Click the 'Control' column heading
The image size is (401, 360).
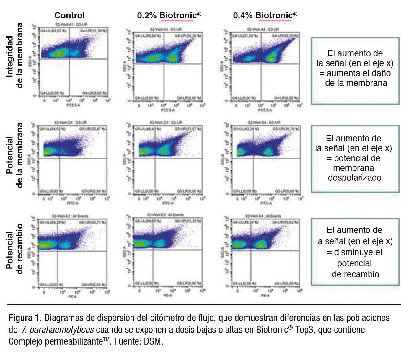[x=69, y=15]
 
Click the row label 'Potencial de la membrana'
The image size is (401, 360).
[x=14, y=155]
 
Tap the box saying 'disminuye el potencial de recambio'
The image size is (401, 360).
[x=355, y=252]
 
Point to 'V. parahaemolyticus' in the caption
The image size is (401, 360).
[x=57, y=330]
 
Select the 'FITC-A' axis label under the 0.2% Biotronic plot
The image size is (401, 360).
[x=168, y=203]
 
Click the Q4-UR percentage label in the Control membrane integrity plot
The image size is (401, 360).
[x=94, y=30]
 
